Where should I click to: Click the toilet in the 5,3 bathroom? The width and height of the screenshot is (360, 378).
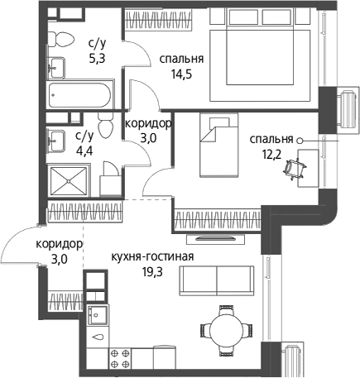[x=60, y=40]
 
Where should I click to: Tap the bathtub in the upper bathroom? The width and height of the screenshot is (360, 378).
[x=80, y=95]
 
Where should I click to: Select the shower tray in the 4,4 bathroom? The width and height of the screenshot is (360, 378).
[x=69, y=181]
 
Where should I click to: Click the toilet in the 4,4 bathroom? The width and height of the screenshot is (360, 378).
[x=106, y=126]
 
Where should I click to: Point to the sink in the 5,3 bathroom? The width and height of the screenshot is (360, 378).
[x=57, y=68]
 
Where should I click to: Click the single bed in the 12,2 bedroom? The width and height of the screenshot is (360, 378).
[x=218, y=145]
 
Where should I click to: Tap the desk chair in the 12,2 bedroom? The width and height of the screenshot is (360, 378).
[x=295, y=168]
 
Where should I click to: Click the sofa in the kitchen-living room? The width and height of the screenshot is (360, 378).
[x=217, y=280]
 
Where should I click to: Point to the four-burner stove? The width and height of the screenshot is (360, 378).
[x=120, y=358]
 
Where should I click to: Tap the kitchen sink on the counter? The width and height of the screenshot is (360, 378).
[x=98, y=314]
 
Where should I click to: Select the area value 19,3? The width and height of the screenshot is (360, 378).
[x=152, y=272]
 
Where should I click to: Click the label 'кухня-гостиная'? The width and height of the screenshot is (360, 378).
[x=152, y=256]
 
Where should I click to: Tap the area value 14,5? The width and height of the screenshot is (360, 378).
[x=181, y=74]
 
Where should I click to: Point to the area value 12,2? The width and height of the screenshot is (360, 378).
[x=271, y=156]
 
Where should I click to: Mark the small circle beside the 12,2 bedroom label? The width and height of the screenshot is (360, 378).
[x=300, y=141]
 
